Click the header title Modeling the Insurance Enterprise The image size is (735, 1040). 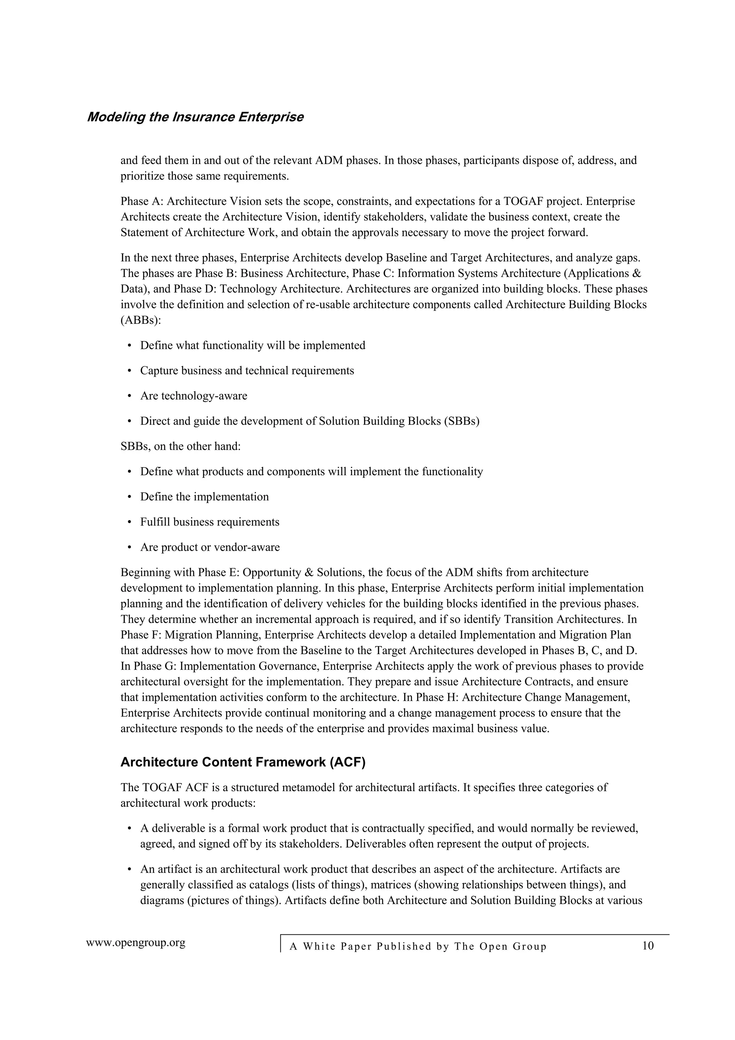pyautogui.click(x=195, y=117)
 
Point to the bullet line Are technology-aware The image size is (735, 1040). pyautogui.click(x=193, y=396)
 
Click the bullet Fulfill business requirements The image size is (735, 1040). pyautogui.click(x=209, y=522)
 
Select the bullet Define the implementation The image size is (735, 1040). pyautogui.click(x=204, y=497)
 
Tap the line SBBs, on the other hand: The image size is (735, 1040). pyautogui.click(x=180, y=447)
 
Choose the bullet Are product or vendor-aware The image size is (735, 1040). pyautogui.click(x=210, y=547)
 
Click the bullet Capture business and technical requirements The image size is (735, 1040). pyautogui.click(x=247, y=371)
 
